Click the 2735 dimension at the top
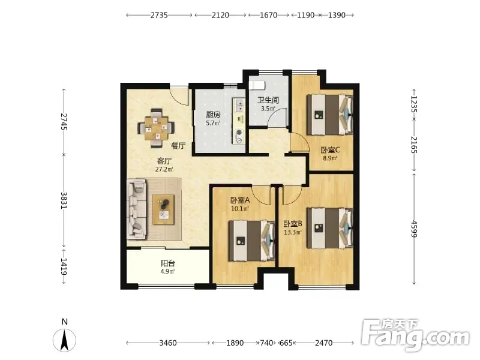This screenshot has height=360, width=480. pyautogui.click(x=159, y=15)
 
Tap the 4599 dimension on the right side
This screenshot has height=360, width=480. pyautogui.click(x=414, y=229)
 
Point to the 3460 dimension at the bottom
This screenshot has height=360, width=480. pyautogui.click(x=168, y=343)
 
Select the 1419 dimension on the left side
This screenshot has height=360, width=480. pyautogui.click(x=64, y=266)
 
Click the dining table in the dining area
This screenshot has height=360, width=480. pyautogui.click(x=157, y=128)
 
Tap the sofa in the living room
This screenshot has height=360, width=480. pyautogui.click(x=137, y=209)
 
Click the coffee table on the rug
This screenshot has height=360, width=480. pyautogui.click(x=163, y=209)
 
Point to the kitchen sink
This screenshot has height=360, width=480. pyautogui.click(x=238, y=105)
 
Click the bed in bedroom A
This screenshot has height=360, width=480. pyautogui.click(x=251, y=241)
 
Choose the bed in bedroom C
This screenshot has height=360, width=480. pyautogui.click(x=330, y=115)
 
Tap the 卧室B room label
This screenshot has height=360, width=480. pyautogui.click(x=293, y=224)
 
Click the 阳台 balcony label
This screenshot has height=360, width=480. pyautogui.click(x=168, y=263)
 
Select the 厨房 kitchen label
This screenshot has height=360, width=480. pyautogui.click(x=213, y=115)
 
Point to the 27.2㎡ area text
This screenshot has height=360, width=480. pyautogui.click(x=164, y=169)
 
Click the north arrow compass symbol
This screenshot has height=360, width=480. pyautogui.click(x=64, y=340)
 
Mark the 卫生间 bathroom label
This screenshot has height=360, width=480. pyautogui.click(x=268, y=100)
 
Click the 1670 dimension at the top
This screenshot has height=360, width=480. pyautogui.click(x=268, y=15)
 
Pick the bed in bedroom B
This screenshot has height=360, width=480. pyautogui.click(x=330, y=228)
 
